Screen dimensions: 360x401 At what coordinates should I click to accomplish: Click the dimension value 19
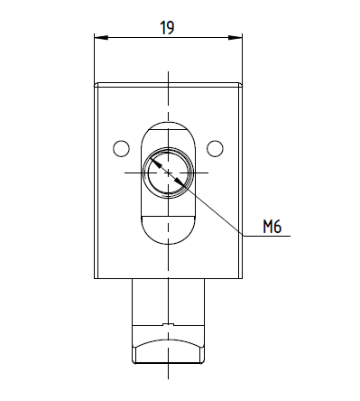click(x=167, y=28)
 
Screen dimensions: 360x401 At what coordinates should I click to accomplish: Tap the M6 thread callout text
click(x=272, y=227)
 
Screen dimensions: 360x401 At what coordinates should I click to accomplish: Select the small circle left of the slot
click(x=122, y=148)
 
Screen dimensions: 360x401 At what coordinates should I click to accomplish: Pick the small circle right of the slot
click(x=215, y=148)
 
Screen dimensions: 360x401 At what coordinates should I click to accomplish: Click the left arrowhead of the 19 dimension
click(x=101, y=38)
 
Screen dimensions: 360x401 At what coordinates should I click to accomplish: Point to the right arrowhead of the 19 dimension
click(x=235, y=38)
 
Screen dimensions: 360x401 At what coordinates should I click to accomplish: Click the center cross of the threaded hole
click(x=168, y=173)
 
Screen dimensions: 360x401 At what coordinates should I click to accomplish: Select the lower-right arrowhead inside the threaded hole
click(x=180, y=183)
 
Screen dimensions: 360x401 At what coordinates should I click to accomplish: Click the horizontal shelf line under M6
click(x=266, y=236)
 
